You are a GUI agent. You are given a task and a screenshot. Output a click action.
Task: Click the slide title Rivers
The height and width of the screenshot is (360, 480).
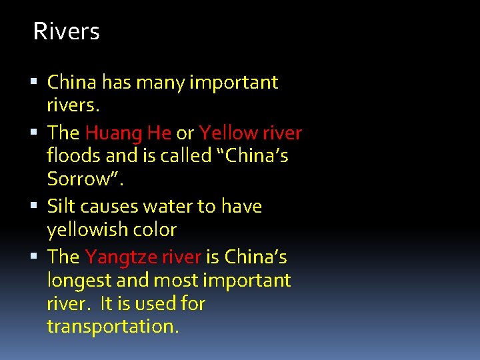pos(66,31)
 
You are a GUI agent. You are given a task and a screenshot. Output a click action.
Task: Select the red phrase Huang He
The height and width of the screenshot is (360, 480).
pos(128,133)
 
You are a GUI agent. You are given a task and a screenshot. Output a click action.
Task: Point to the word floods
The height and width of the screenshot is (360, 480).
pos(72,155)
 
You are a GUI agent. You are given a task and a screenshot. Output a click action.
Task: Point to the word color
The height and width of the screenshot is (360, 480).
pos(155,230)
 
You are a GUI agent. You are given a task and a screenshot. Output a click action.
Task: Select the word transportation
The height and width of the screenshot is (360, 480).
pos(113,327)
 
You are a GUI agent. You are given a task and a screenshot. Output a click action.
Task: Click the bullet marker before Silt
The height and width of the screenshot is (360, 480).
pos(35,207)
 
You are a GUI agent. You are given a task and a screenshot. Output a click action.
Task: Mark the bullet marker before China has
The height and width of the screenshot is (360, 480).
pos(35,83)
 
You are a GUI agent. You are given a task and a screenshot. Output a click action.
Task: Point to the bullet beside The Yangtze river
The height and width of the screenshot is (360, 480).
pos(35,257)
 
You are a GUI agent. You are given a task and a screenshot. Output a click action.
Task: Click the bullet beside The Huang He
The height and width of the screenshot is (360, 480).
pos(35,133)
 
